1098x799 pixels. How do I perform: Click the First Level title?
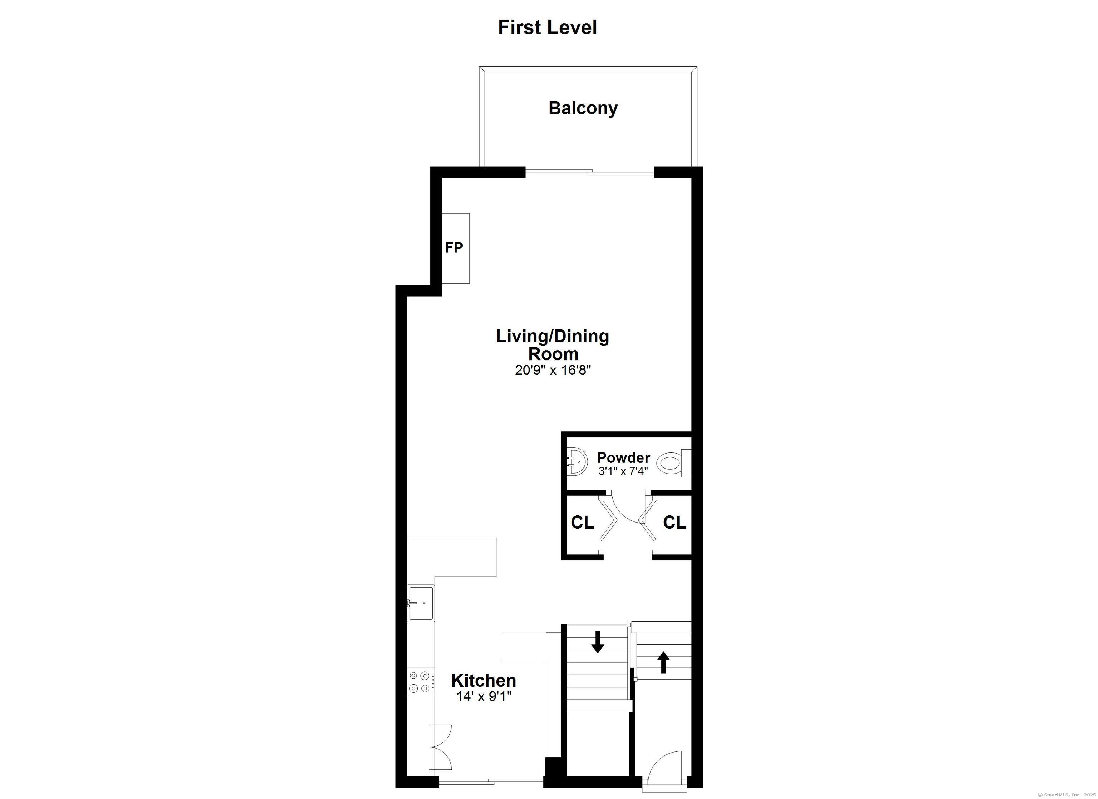(x=547, y=28)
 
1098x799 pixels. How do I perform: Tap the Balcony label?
(x=583, y=108)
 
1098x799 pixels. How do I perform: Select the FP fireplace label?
(x=454, y=247)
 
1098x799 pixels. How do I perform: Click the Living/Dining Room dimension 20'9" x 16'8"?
(x=553, y=371)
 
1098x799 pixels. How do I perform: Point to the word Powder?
(x=624, y=457)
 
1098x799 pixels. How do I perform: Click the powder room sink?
(x=577, y=462)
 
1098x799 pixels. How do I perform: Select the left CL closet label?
(x=582, y=522)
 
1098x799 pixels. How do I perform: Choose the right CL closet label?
(x=674, y=522)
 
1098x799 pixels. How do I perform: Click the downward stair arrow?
(x=598, y=642)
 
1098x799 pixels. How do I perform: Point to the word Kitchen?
(x=484, y=681)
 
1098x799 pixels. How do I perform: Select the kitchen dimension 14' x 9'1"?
(x=484, y=697)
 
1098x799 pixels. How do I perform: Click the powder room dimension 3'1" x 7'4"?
(x=623, y=471)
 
